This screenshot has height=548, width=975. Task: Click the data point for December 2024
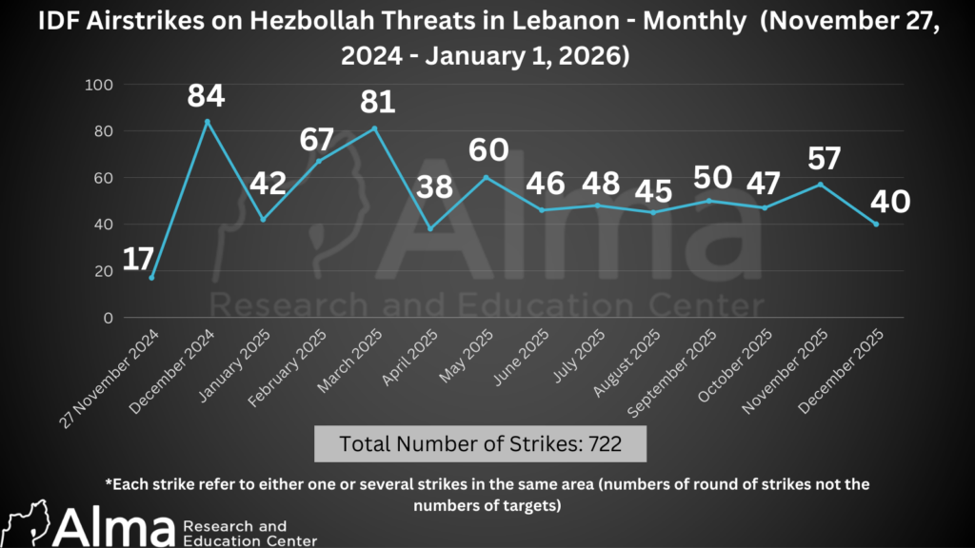pyautogui.click(x=208, y=122)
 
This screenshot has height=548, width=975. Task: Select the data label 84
pyautogui.click(x=208, y=96)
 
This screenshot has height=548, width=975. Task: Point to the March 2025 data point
pyautogui.click(x=374, y=128)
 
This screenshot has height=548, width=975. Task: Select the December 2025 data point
pyautogui.click(x=876, y=225)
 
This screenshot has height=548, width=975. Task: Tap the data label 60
pyautogui.click(x=487, y=150)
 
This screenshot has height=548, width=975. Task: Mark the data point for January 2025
pyautogui.click(x=263, y=220)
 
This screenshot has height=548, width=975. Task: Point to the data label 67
pyautogui.click(x=317, y=139)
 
